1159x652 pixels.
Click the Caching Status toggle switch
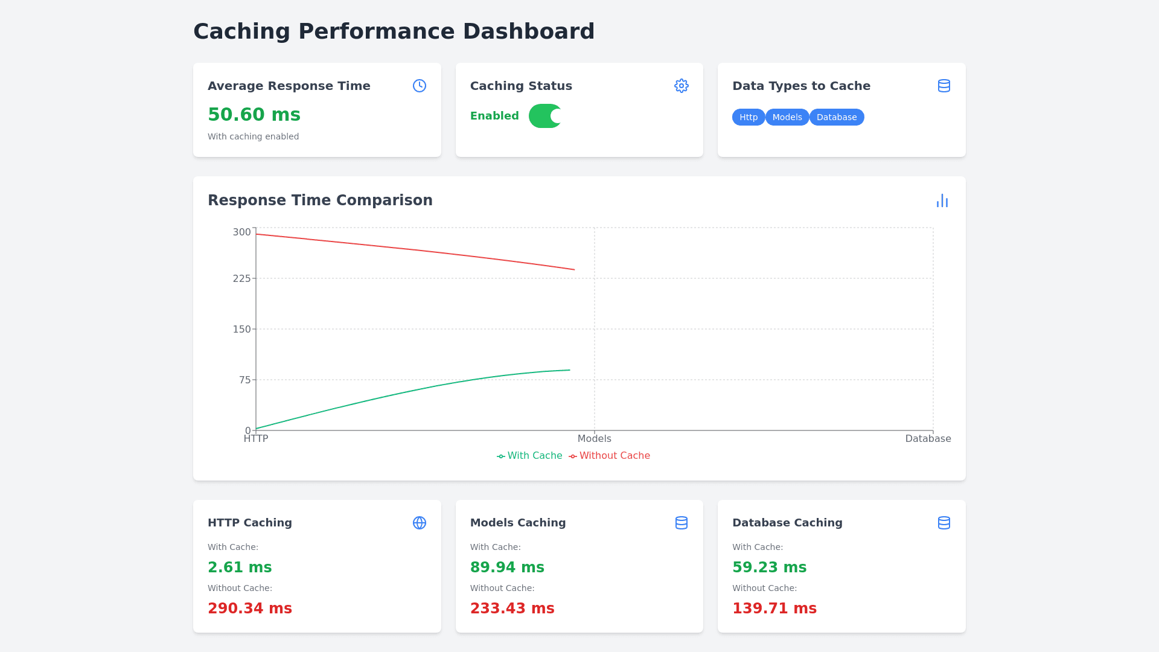545,116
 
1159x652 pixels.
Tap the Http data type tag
749,117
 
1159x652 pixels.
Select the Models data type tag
787,117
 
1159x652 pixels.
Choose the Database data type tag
837,117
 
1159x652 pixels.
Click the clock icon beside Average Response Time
420,86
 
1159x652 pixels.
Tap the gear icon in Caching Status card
682,86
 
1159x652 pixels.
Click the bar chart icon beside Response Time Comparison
942,200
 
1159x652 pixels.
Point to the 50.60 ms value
254,115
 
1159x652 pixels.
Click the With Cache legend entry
529,456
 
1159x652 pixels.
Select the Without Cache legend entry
610,456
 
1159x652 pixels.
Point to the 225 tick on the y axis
241,278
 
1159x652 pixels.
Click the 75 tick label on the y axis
244,380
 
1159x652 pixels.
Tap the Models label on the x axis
595,439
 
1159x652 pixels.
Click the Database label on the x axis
928,439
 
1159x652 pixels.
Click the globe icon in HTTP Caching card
420,523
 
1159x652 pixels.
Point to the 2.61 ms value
240,567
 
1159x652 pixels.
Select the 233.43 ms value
512,609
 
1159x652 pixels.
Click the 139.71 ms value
774,609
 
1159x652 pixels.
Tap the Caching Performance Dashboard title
394,31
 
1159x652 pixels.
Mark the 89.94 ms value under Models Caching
507,567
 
